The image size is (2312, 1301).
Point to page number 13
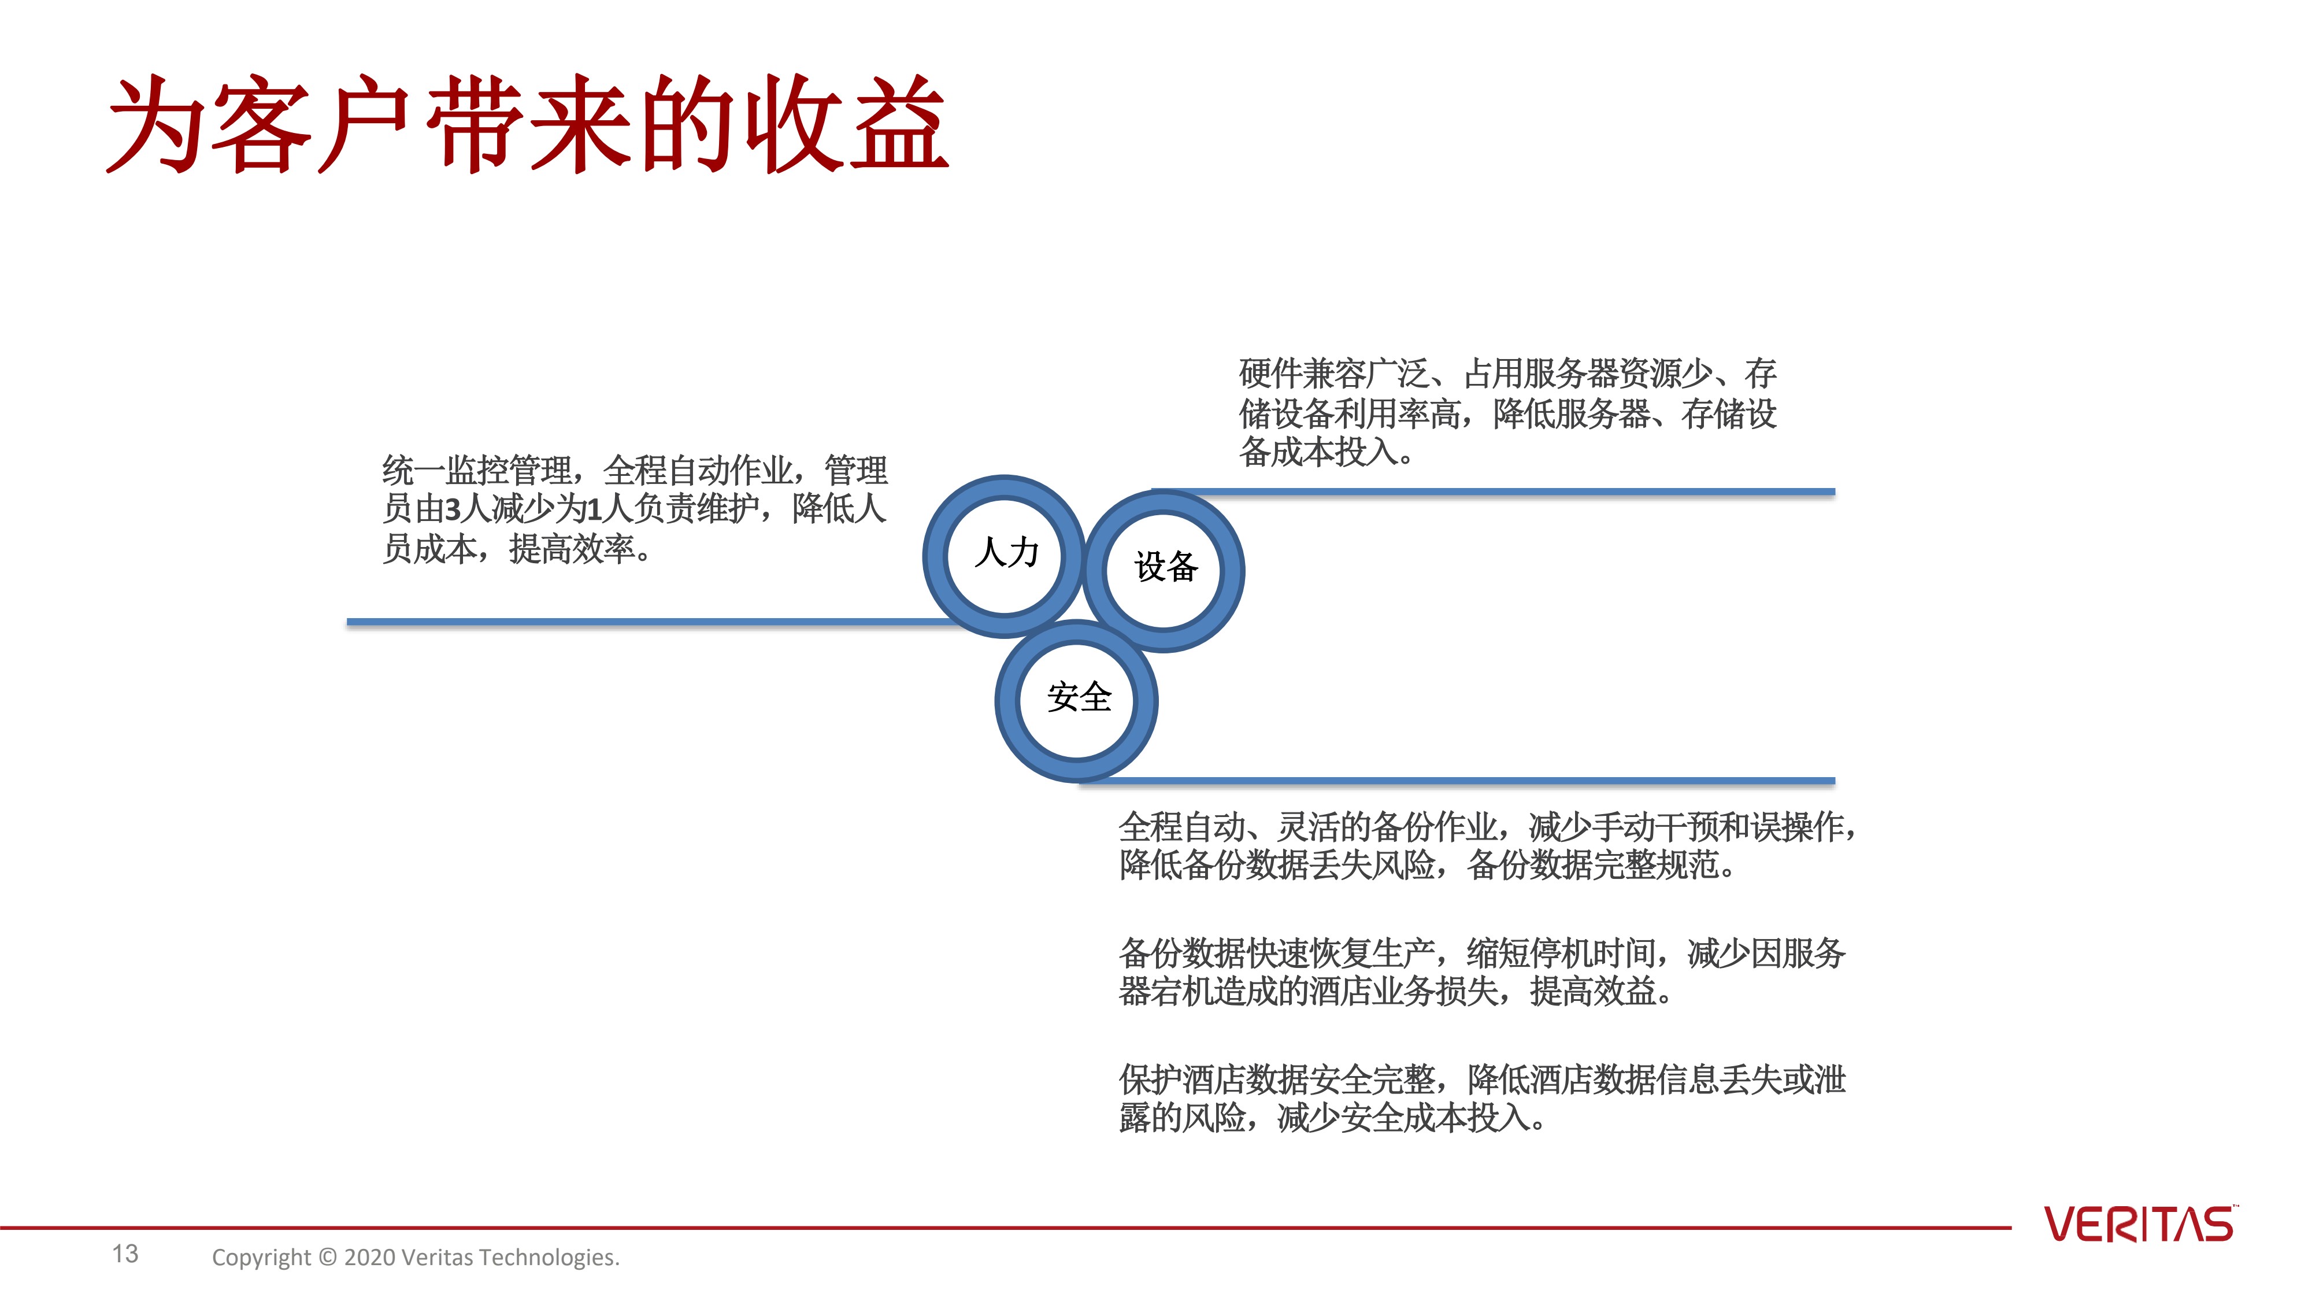tap(125, 1254)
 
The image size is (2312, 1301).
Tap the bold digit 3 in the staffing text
tap(453, 509)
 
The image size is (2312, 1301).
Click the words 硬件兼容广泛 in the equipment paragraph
tap(1333, 374)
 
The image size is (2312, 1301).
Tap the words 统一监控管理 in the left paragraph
tap(477, 471)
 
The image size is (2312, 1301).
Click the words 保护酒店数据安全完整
tap(1276, 1079)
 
